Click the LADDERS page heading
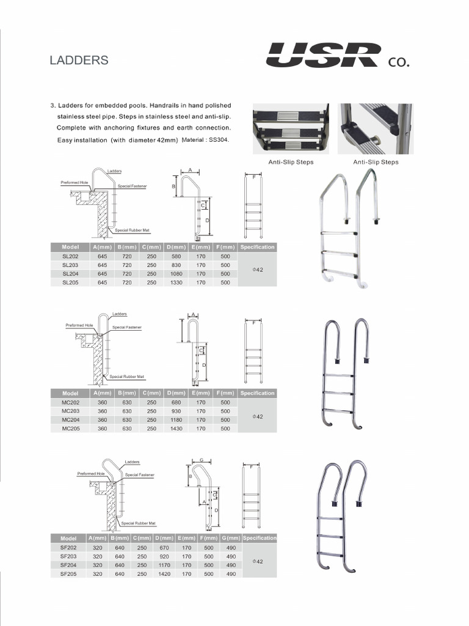coord(79,60)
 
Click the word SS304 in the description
coord(221,139)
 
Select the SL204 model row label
coord(70,274)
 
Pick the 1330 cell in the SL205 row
coord(177,283)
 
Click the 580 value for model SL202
coord(177,256)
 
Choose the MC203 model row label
coord(70,411)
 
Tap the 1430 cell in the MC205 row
coord(177,429)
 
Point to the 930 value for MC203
coord(177,411)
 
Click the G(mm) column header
coord(231,538)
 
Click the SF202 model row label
coord(68,548)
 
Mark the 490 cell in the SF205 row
coord(231,575)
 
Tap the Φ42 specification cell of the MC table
coord(257,416)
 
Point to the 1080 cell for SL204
coord(177,274)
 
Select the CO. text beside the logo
coord(398,62)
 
